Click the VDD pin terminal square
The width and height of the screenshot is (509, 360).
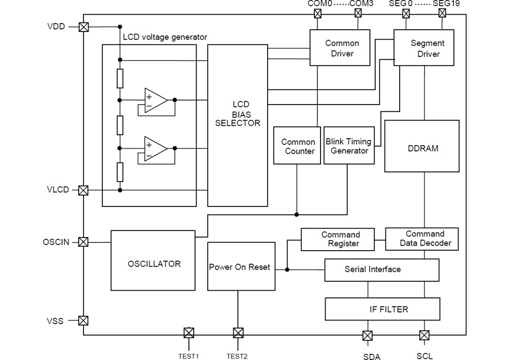84,27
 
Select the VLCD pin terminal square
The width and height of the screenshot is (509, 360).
83,190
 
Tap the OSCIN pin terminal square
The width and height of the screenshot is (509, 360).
83,242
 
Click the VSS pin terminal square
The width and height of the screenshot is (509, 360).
83,321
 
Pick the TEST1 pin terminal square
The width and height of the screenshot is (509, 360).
189,333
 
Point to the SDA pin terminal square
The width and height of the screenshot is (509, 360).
368,335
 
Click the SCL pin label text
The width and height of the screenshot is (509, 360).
424,356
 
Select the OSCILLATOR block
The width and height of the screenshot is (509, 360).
153,261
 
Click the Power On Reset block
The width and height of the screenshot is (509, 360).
241,267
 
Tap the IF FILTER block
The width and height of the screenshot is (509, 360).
382,309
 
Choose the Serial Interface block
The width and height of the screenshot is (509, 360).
382,270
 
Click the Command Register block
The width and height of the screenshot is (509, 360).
337,239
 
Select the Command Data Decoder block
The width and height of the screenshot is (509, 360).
422,239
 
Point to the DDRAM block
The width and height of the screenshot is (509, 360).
422,146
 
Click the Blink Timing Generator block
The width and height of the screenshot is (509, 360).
349,146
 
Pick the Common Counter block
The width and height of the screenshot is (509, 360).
297,146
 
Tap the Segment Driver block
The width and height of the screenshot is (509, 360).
424,48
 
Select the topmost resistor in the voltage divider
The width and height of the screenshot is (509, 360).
120,79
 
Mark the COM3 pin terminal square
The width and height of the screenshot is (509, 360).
358,14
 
